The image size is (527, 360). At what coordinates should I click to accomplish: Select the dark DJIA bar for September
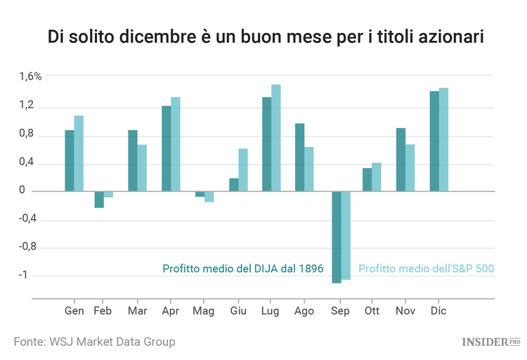337,237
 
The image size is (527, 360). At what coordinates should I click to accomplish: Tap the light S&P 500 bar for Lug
276,138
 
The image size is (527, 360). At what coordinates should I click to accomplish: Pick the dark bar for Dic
434,141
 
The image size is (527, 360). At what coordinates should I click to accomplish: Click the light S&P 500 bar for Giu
243,169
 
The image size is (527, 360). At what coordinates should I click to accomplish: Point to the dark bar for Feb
99,200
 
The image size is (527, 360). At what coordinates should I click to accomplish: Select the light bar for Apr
176,144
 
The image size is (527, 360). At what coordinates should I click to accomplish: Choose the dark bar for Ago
300,157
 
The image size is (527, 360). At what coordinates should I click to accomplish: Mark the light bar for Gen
79,153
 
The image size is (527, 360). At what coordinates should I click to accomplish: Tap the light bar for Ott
377,177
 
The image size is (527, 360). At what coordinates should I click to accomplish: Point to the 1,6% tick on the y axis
31,76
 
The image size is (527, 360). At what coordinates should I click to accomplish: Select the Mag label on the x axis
203,310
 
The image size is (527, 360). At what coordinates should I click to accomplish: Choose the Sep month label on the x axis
340,310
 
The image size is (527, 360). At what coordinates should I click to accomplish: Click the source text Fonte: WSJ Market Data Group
95,342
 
